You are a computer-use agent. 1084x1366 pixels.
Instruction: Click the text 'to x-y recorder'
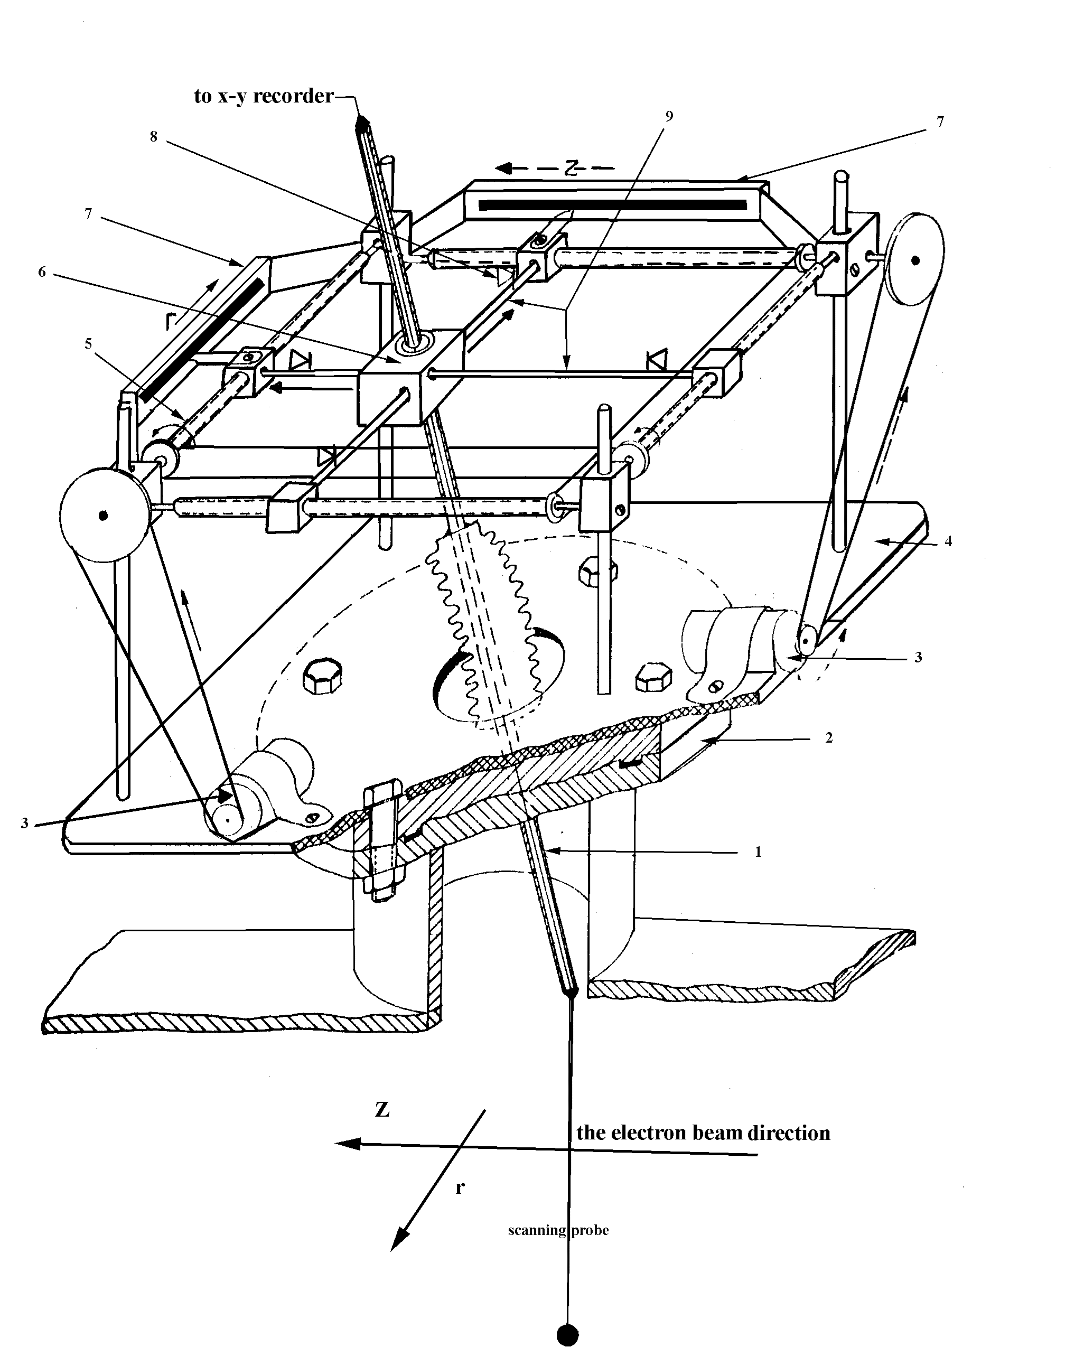263,96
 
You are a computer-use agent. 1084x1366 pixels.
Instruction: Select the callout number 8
153,136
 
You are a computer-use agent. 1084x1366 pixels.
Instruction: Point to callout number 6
42,273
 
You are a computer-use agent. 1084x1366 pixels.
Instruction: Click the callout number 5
88,343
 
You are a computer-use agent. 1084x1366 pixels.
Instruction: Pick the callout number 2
829,737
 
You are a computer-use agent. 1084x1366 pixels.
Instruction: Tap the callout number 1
758,852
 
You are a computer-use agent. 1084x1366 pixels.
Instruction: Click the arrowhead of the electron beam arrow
348,1144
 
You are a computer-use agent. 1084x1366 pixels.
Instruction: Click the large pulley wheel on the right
915,259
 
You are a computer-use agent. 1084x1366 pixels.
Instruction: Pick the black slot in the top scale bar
613,204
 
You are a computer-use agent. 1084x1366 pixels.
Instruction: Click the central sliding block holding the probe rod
409,378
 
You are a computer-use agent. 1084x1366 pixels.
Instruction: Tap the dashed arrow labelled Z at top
555,169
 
